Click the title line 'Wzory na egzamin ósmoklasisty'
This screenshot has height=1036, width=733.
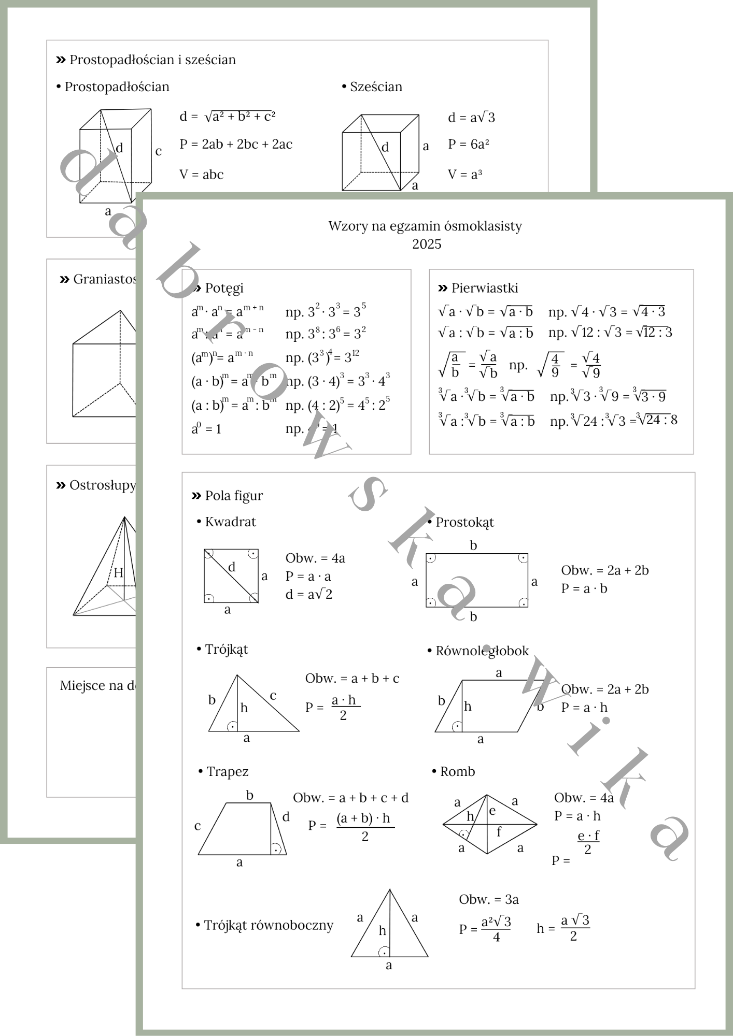(x=425, y=226)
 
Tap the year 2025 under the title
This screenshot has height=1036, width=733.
(x=427, y=244)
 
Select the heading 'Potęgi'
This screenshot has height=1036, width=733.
(x=223, y=288)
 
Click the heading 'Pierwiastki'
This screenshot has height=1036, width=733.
(x=484, y=288)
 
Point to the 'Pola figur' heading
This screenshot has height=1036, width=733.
(x=233, y=496)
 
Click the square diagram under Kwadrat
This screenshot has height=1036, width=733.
(x=231, y=576)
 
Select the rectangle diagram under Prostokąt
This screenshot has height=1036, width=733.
(x=477, y=580)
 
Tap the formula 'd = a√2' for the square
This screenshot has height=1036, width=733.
(x=308, y=594)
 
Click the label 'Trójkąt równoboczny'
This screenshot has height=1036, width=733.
(x=268, y=925)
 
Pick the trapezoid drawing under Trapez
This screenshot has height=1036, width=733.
(x=242, y=829)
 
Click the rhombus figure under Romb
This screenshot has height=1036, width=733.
(x=489, y=824)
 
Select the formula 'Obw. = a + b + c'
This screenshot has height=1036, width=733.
(x=352, y=679)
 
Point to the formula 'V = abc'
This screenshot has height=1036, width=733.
(x=201, y=175)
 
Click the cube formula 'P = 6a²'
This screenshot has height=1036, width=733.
(x=469, y=145)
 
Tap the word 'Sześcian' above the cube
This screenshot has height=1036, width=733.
(x=376, y=87)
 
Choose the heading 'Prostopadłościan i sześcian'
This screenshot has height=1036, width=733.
(x=152, y=60)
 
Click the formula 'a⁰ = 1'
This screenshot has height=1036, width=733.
(x=206, y=429)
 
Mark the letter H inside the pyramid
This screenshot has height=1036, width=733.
(x=118, y=572)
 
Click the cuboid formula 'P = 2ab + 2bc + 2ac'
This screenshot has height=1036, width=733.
(x=236, y=145)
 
